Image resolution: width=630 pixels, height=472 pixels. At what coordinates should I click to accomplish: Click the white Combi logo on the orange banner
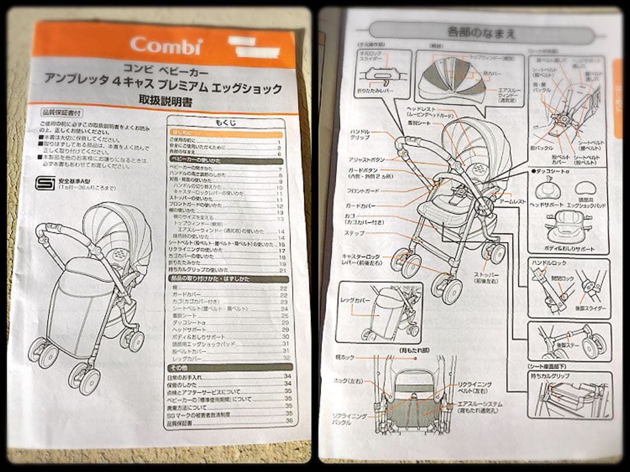click(x=166, y=45)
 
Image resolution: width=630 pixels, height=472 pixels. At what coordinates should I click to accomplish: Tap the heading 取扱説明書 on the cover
click(x=165, y=101)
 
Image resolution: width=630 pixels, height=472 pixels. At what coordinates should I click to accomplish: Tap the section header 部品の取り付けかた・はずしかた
click(x=210, y=279)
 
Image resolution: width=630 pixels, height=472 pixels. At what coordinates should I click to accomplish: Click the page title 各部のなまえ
click(x=481, y=31)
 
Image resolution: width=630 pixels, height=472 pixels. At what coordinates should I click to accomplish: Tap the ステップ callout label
click(x=355, y=233)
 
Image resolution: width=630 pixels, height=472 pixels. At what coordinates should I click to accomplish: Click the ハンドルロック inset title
click(x=548, y=263)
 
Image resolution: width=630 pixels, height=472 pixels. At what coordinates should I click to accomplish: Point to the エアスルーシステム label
click(x=480, y=404)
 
